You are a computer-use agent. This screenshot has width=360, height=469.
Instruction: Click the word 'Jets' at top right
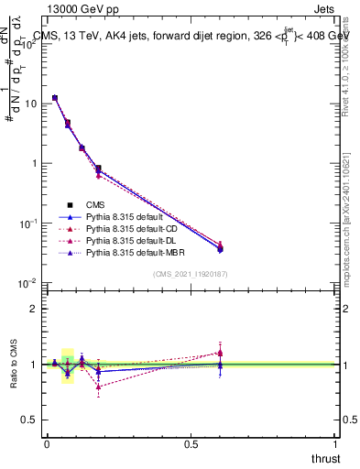tap(322, 9)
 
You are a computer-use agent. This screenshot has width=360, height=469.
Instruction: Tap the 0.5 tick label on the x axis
tap(191, 444)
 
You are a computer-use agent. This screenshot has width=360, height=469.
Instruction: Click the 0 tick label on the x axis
tap(47, 444)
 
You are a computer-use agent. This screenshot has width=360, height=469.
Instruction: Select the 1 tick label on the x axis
tap(336, 444)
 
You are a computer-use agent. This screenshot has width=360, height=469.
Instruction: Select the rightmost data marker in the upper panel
tap(220, 246)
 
